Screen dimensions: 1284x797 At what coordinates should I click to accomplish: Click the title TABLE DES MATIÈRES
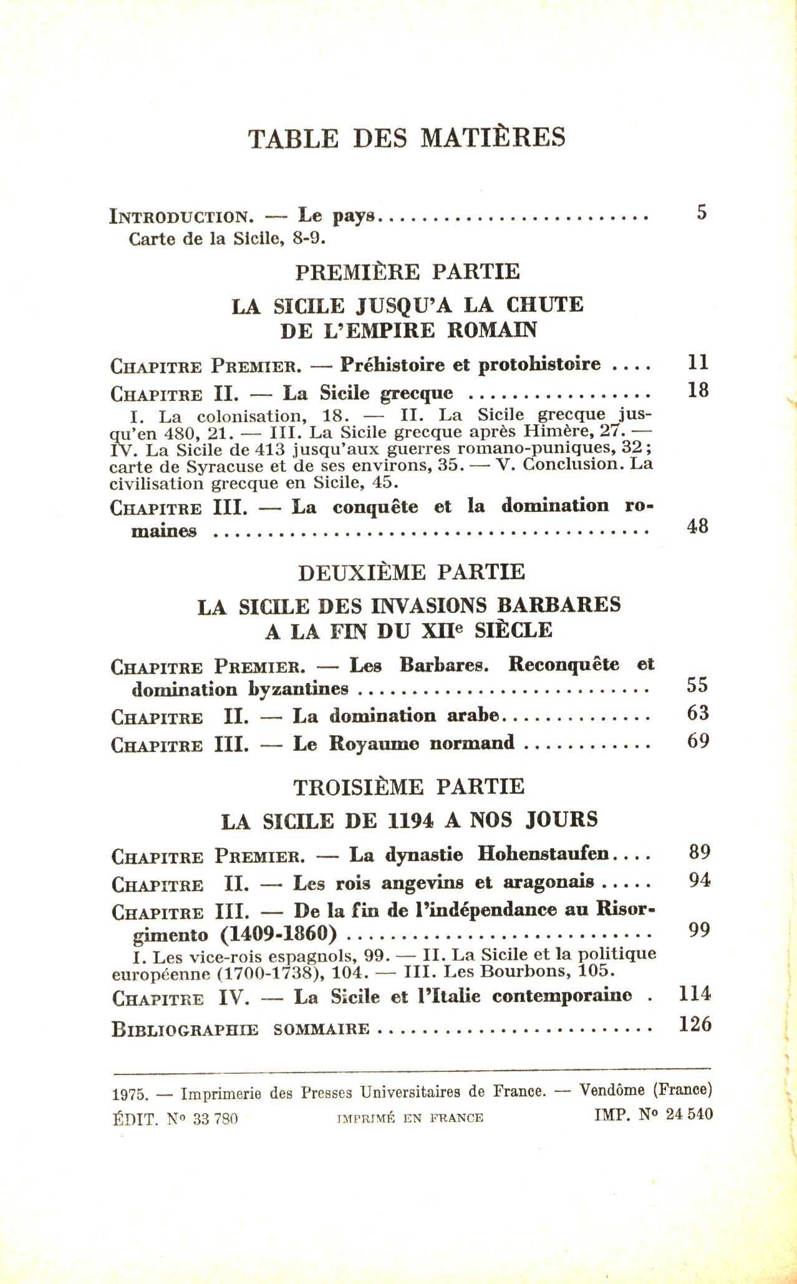[x=407, y=137]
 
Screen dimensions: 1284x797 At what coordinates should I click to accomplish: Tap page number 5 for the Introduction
[x=702, y=213]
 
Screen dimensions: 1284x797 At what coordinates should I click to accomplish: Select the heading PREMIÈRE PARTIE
[x=407, y=272]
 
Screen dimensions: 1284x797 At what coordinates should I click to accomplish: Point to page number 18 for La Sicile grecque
[x=698, y=390]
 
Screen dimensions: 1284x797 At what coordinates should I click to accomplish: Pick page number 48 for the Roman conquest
[x=697, y=526]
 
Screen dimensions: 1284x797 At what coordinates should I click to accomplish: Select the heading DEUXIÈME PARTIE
[x=411, y=572]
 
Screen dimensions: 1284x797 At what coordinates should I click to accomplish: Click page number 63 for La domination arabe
[x=698, y=713]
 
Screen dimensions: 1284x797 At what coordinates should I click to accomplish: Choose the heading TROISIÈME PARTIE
[x=409, y=787]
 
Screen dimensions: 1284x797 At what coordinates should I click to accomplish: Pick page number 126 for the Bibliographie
[x=695, y=1024]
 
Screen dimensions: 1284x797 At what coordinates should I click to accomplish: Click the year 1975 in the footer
[x=130, y=1094]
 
